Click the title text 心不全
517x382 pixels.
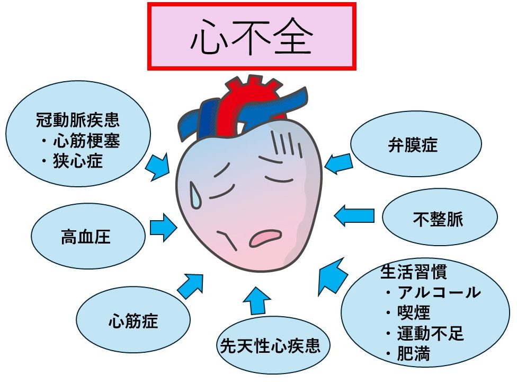pos(252,38)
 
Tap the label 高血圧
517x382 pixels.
pos(86,237)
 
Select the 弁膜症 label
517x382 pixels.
pos(413,145)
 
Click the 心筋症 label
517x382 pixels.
pos(133,320)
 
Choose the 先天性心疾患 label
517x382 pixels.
pos(270,346)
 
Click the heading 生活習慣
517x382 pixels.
pos(406,272)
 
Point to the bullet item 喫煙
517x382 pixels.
pos(414,312)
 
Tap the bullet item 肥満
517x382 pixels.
pos(414,354)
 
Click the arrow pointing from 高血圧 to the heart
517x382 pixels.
pos(163,228)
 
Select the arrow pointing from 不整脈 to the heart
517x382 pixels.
pos(354,215)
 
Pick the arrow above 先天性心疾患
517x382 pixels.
pos(257,300)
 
